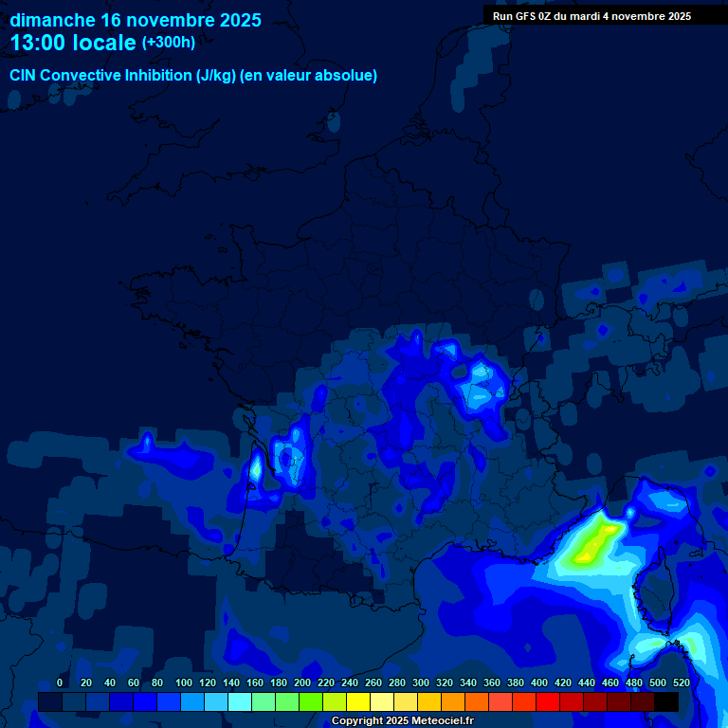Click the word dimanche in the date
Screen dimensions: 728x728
(x=51, y=20)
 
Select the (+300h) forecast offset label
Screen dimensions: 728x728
(x=169, y=42)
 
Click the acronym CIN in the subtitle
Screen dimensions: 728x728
(x=23, y=76)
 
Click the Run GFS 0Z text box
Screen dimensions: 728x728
(x=591, y=16)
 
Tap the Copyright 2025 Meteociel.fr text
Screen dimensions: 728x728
(x=402, y=720)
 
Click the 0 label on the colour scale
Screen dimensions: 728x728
(x=60, y=682)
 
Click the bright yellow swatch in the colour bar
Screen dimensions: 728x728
(x=358, y=701)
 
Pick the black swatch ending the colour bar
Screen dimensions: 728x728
(x=666, y=701)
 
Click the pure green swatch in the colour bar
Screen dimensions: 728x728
(x=311, y=701)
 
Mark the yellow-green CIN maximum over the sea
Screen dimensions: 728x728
(x=593, y=543)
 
